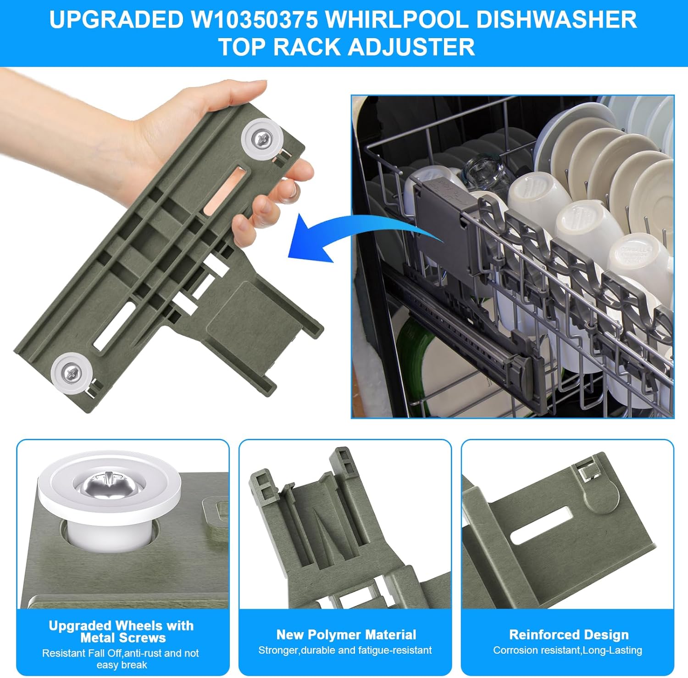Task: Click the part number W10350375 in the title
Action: coord(254,20)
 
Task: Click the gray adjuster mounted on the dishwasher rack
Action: coord(440,216)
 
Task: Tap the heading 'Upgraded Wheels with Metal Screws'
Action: coord(122,632)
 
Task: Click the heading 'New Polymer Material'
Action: coord(346,634)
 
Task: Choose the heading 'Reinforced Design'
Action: coord(569,634)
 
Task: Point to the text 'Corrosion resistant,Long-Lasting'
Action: coord(567,650)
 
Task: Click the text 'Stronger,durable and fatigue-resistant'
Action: coord(345,650)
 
